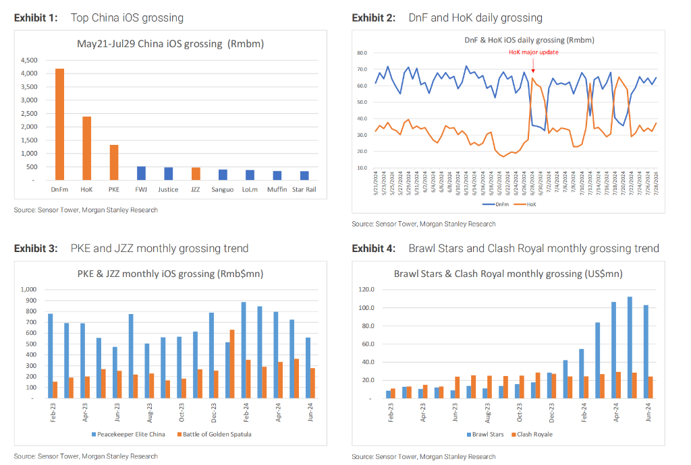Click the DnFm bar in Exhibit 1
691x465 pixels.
[59, 125]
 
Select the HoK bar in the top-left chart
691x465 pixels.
[86, 148]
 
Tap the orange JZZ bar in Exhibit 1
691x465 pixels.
[196, 174]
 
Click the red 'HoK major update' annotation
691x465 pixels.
[533, 52]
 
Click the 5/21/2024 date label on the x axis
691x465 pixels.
[376, 182]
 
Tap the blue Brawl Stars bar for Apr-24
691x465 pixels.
[613, 350]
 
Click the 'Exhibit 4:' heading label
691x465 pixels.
[376, 249]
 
